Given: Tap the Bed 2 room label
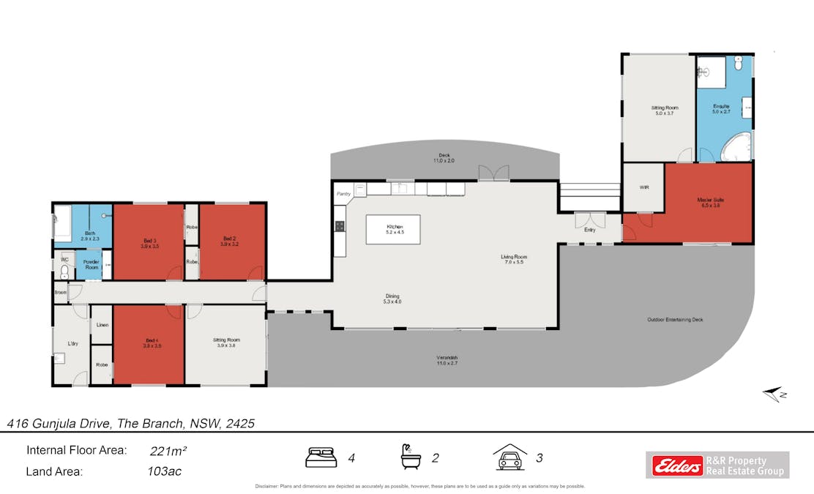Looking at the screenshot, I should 230,241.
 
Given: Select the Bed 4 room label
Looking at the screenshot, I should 152,343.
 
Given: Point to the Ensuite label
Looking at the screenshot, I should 721,110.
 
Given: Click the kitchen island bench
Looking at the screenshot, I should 394,229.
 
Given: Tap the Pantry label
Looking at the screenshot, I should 343,194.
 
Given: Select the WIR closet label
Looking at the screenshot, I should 644,187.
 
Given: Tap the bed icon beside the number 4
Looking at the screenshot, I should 321,458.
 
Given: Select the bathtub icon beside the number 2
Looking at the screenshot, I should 411,457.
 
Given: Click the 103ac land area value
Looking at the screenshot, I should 164,471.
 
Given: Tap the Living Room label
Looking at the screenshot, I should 513,259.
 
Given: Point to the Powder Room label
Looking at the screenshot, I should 92,265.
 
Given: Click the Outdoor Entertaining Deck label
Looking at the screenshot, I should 676,320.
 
